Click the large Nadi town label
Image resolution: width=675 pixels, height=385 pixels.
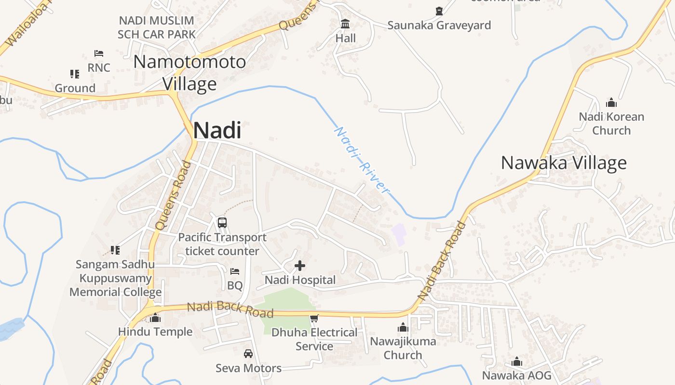tap(217, 131)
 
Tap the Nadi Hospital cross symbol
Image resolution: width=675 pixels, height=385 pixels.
tap(300, 265)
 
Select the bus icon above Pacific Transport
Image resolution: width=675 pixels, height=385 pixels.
tap(222, 222)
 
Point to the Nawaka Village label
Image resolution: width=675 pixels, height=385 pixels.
tap(564, 163)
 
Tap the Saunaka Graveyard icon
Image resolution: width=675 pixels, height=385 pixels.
tap(439, 11)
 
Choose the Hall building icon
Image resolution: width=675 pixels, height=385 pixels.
tap(345, 24)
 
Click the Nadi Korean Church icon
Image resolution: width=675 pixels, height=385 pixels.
tap(611, 103)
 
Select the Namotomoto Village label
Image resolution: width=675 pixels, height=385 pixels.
tap(189, 73)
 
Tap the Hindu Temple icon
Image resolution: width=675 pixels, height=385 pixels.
tap(155, 318)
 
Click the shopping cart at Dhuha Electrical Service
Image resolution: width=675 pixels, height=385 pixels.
tap(314, 318)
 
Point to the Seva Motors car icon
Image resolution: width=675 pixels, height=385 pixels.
tap(248, 354)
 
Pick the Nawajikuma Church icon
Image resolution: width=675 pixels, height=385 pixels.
tap(403, 328)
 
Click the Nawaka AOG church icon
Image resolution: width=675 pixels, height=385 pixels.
tap(517, 361)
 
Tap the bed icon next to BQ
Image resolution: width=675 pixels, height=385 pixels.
tap(235, 271)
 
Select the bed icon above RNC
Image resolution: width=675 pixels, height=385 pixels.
tap(99, 53)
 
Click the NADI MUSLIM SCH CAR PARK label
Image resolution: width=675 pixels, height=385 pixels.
tap(157, 27)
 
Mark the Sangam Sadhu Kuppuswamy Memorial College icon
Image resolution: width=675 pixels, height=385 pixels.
tap(115, 250)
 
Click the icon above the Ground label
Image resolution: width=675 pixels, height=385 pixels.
tap(75, 74)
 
